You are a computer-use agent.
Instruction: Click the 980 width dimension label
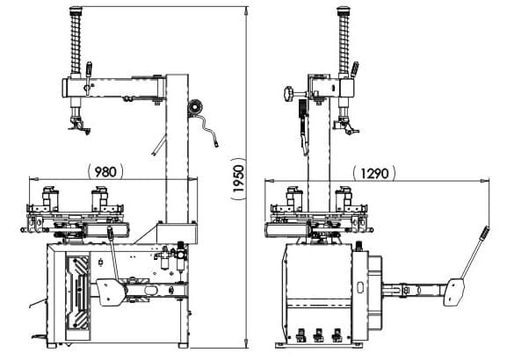click(105, 171)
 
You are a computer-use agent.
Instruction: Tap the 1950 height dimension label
click(238, 179)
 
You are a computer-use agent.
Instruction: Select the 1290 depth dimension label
click(374, 173)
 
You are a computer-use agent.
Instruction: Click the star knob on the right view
click(289, 94)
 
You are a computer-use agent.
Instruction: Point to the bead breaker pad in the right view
click(454, 292)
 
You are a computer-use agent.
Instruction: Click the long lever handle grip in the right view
click(484, 233)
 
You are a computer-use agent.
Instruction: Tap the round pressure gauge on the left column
click(196, 106)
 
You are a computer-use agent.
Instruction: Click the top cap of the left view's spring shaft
click(76, 10)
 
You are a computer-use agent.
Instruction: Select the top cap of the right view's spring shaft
click(344, 10)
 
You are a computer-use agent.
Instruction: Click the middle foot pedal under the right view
click(318, 335)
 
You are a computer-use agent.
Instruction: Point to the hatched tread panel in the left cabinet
click(77, 293)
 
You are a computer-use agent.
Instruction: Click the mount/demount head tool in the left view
click(78, 126)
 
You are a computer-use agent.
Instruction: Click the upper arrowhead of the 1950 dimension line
click(247, 10)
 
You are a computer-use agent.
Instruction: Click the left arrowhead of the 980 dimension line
click(33, 179)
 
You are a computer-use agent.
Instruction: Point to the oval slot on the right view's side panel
click(360, 287)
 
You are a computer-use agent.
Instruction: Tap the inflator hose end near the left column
click(216, 142)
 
